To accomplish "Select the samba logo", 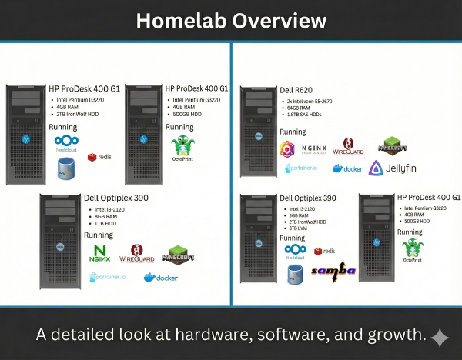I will pos(333,270).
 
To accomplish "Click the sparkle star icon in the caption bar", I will pos(440,336).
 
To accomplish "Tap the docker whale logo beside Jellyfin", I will pos(348,168).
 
